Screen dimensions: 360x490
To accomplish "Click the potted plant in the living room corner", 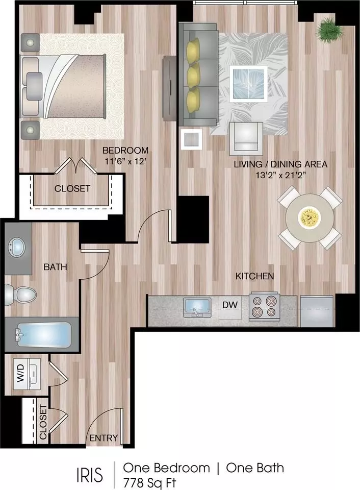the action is coord(329,30).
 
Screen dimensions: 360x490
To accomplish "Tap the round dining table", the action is coord(310,218).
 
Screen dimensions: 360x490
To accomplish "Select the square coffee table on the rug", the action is coord(248,83).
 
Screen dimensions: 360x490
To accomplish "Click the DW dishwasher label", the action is coord(230,305).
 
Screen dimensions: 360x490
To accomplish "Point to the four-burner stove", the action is coord(264,307).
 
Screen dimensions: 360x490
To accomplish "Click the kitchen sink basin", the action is coord(197,307).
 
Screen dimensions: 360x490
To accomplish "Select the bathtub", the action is coord(43,335).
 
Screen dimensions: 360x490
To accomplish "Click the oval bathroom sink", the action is coord(17,247).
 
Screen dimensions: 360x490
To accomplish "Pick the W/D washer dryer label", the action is coord(20,373).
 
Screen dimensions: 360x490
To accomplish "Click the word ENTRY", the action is coord(104,438).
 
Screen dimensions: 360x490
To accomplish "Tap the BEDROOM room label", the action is coord(125,150).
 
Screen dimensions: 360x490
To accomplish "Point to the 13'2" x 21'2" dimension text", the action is coord(280,175).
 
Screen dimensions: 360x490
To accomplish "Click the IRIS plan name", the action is coord(90,475).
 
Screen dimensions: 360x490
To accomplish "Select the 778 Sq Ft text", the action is coord(150,483).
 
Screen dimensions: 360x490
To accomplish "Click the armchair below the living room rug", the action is coord(246,138).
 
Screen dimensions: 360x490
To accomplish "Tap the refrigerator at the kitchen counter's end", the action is coord(317,311).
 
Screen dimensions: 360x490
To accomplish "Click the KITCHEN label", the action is coord(255,276).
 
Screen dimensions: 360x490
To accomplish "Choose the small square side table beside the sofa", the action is coord(191,139).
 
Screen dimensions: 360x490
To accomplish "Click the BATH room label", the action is coord(55,267).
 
